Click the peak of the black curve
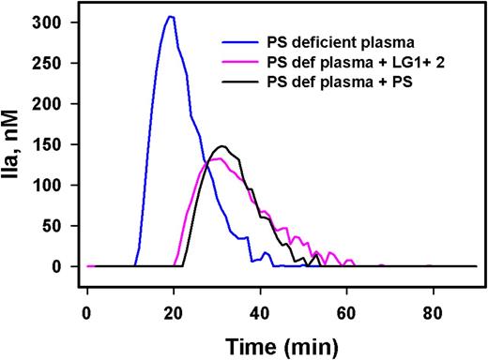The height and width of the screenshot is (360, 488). coord(222,146)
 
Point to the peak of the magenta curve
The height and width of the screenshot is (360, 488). coord(217,159)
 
